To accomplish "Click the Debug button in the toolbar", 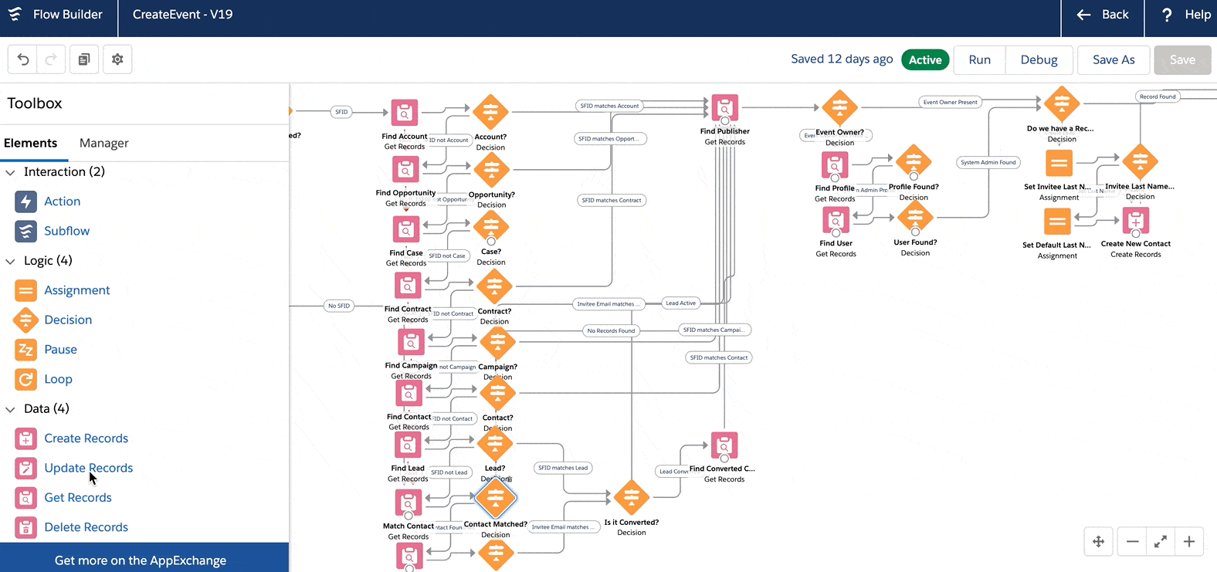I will coord(1039,59).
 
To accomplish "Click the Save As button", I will coord(1113,59).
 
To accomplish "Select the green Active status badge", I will coord(924,59).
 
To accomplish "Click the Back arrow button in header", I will coord(1103,15).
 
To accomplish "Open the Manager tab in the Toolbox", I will coord(103,143).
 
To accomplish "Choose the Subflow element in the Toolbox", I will coord(66,231).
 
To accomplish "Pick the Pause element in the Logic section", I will coord(60,350).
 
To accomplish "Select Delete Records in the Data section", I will coord(86,527).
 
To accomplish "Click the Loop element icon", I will coord(25,379).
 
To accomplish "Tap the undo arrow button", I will coord(23,59).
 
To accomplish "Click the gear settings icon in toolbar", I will coord(117,59).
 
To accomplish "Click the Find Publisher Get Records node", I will coord(724,108).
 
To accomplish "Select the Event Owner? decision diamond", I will coord(839,107).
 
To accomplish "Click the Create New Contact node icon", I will coord(1135,221).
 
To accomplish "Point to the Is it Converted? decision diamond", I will coord(632,498).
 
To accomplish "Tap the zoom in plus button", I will coord(1189,542).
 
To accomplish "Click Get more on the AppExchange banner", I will coord(141,560).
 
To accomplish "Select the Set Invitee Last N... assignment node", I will coord(1059,163).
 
